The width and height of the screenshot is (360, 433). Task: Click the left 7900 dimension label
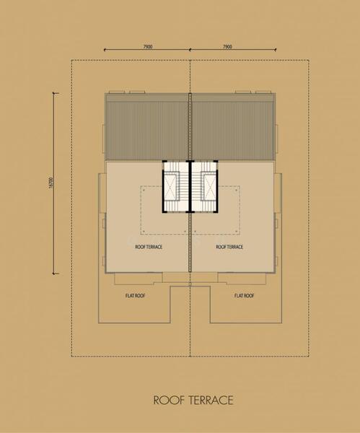pyautogui.click(x=148, y=47)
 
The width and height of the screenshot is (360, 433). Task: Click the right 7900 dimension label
pyautogui.click(x=227, y=47)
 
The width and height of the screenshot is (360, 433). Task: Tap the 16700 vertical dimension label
pyautogui.click(x=51, y=183)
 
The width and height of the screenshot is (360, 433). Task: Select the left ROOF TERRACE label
pyautogui.click(x=149, y=247)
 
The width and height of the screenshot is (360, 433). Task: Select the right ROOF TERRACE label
pyautogui.click(x=229, y=247)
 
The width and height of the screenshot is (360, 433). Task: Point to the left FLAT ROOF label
pyautogui.click(x=136, y=296)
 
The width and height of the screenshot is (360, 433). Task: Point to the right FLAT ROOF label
pyautogui.click(x=245, y=296)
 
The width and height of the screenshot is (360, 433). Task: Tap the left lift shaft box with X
pyautogui.click(x=171, y=185)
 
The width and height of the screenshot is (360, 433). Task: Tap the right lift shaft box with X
pyautogui.click(x=209, y=185)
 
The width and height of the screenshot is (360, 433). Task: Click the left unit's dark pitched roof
pyautogui.click(x=146, y=127)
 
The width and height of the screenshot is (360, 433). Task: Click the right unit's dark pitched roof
pyautogui.click(x=233, y=127)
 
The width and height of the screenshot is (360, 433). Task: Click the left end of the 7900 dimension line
pyautogui.click(x=105, y=50)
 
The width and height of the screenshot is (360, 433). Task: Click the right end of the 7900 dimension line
pyautogui.click(x=276, y=50)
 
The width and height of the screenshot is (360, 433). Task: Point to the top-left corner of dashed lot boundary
pyautogui.click(x=71, y=60)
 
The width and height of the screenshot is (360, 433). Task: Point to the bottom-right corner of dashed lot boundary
pyautogui.click(x=309, y=357)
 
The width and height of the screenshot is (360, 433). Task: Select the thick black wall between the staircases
pyautogui.click(x=190, y=186)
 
